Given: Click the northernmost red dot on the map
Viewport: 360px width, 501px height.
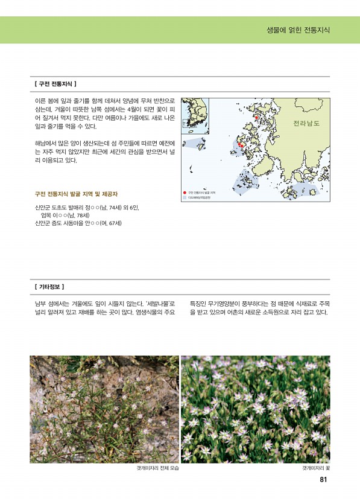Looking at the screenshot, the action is point(256,109).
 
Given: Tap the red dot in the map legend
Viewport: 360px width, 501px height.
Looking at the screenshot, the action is point(185,192).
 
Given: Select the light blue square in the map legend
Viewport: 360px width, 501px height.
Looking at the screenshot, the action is point(185,197).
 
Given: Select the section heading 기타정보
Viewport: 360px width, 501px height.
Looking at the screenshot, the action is point(50,286).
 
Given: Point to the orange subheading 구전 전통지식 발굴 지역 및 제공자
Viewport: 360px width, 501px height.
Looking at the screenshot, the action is point(76,194).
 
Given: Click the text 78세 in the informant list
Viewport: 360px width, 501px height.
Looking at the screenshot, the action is point(78,215).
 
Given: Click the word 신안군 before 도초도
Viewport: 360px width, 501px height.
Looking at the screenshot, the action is point(44,207).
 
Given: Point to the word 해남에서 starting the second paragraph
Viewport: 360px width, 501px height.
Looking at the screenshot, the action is point(46,143).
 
